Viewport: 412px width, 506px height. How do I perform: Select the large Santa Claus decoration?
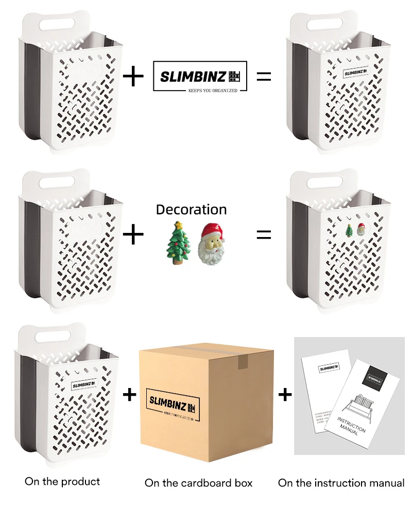point(210,243)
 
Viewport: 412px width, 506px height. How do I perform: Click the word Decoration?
point(191,210)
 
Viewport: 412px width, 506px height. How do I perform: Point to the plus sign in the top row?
point(134,77)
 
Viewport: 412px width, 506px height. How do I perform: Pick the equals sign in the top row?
point(263,77)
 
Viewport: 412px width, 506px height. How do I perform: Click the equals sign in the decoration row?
point(263,234)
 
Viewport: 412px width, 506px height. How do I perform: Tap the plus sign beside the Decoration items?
point(134,235)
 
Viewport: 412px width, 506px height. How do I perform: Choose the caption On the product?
point(62,481)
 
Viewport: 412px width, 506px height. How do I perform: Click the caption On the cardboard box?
point(198,483)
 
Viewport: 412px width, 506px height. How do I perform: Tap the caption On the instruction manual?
point(341,483)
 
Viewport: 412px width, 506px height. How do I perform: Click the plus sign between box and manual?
point(285,395)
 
